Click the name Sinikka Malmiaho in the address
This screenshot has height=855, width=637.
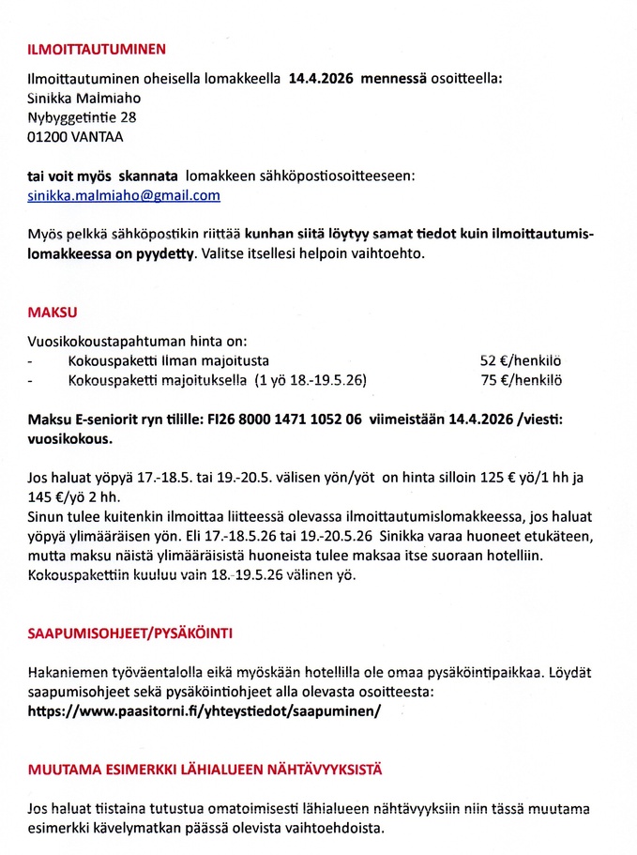[83, 98]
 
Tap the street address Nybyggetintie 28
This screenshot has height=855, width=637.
[82, 117]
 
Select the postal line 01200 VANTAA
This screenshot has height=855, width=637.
[75, 137]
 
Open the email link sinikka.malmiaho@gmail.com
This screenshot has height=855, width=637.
[124, 195]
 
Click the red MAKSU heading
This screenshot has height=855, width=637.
[53, 311]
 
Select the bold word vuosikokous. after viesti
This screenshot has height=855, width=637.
[69, 437]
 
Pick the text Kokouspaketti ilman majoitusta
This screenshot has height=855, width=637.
[169, 360]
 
